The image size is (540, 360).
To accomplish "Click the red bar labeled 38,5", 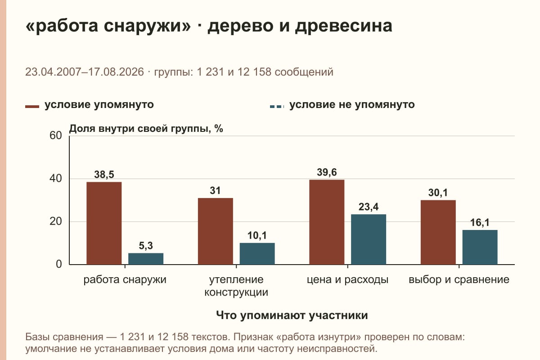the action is pos(104,223).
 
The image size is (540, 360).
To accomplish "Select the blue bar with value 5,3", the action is pos(146,259).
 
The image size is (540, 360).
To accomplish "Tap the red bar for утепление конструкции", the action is pos(215,231).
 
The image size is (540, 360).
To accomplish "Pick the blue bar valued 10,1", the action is pos(257,254).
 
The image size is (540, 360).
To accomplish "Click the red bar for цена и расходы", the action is pos(327,222).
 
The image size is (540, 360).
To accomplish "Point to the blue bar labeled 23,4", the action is pos(369,239).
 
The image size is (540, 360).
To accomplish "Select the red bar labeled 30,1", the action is pos(438,232).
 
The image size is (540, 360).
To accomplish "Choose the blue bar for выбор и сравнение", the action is pos(480,247).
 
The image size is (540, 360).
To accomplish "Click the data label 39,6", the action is pos(327,172).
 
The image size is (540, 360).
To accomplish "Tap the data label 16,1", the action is pos(480,222).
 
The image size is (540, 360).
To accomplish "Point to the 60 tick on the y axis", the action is pos(56,135).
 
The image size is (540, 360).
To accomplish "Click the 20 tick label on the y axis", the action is pos(56,221).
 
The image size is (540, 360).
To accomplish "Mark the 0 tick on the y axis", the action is pos(59,264).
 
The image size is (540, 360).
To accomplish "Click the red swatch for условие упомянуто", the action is pos(32,107).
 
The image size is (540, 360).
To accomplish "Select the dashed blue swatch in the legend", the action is pos(277,107).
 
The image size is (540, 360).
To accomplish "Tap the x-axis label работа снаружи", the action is pos(125,280).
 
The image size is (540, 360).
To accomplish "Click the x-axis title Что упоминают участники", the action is pos(292,315).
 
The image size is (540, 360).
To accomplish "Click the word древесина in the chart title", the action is pos(344,26).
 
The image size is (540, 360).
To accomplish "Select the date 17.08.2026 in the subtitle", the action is pos(116,72).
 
